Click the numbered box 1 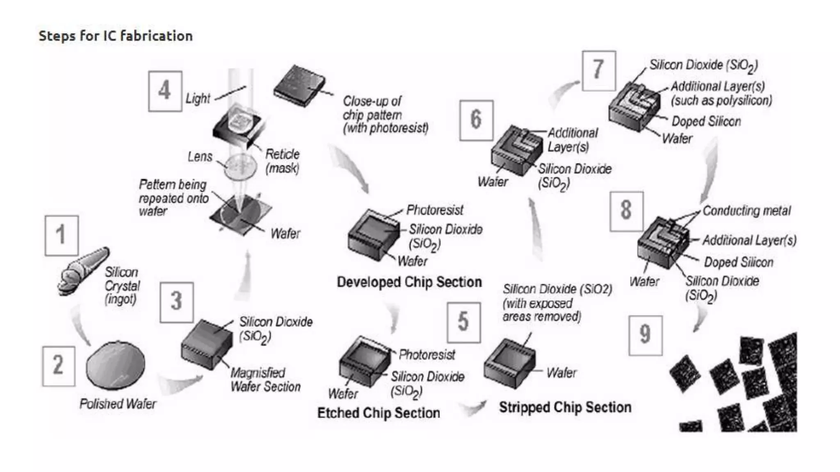tap(62, 236)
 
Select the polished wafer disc tap(116, 365)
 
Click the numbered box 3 tap(176, 302)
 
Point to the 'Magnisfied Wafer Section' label tap(265, 379)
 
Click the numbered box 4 tap(165, 91)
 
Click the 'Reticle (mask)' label tap(282, 161)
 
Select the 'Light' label tap(198, 98)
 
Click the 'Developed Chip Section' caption tap(409, 282)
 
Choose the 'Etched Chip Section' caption tap(378, 413)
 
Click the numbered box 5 tap(463, 322)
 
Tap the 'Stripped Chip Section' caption tap(565, 407)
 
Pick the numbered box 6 tap(476, 120)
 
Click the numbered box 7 tap(598, 70)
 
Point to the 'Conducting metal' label tap(746, 211)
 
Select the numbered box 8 tap(626, 211)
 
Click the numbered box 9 tap(645, 335)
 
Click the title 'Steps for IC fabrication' tap(116, 36)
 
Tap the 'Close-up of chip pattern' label tap(385, 114)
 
